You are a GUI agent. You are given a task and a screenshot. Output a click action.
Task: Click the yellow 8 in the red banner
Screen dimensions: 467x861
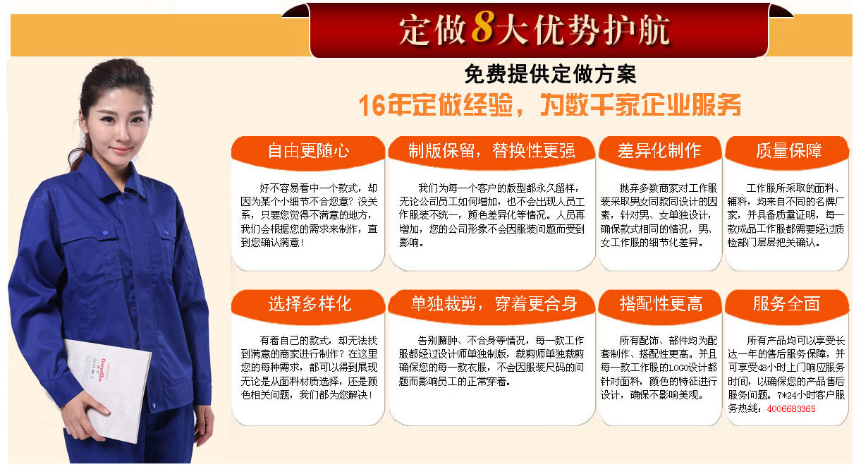482,29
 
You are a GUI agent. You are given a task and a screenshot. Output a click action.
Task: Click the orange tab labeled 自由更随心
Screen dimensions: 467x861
308,150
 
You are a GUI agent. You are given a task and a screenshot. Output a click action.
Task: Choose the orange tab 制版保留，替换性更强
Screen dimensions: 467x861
491,150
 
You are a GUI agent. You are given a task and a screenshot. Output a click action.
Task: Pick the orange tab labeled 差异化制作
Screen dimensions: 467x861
659,150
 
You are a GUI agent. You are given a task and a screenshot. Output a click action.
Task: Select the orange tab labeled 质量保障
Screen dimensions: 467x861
788,150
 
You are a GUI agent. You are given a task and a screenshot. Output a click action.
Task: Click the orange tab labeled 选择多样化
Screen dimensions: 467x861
309,304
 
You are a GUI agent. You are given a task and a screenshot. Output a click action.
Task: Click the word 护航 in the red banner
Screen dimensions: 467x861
630,30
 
